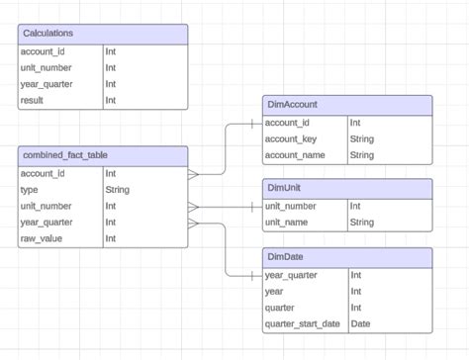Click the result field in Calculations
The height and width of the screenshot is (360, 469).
(x=33, y=100)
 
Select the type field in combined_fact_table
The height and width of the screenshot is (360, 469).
(x=30, y=190)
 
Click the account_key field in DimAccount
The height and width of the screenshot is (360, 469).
(x=290, y=139)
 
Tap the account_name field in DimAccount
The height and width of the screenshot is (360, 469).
(x=294, y=155)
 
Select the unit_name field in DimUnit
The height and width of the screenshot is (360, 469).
(x=288, y=223)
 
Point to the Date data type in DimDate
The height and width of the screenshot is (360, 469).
(x=361, y=324)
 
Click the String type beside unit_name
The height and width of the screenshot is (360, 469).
(x=362, y=223)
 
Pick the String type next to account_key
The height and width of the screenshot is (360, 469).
(x=362, y=139)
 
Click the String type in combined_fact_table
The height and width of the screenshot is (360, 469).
(x=118, y=190)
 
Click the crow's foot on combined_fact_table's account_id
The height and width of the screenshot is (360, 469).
(x=194, y=173)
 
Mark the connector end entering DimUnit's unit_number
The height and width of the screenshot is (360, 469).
(x=255, y=207)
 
